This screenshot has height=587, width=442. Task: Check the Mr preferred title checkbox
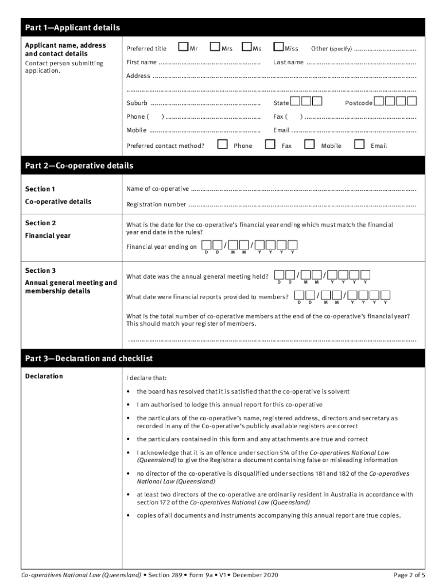[184, 46]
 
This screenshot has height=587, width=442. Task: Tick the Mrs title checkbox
[215, 46]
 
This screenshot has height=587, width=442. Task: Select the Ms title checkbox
[247, 46]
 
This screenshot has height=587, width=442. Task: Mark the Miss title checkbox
[278, 46]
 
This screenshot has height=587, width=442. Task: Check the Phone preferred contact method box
[223, 144]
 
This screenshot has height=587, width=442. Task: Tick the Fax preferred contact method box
[270, 144]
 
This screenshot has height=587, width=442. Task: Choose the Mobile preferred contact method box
[309, 144]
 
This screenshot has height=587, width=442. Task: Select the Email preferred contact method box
[359, 144]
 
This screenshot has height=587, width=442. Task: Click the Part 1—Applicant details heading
[72, 28]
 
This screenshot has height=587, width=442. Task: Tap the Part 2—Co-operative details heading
[79, 166]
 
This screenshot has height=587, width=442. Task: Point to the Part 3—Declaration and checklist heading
[89, 358]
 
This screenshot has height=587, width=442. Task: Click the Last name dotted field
[362, 62]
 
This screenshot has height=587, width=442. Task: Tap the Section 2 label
[40, 223]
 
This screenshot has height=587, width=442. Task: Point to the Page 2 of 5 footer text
[409, 575]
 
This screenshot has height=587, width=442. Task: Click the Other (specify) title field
[385, 49]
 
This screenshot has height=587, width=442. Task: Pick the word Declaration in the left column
[44, 377]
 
